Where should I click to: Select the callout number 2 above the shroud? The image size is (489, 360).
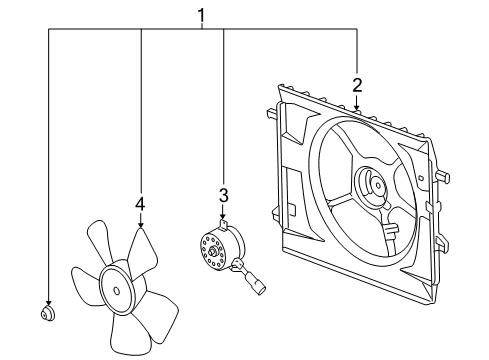(x=357, y=86)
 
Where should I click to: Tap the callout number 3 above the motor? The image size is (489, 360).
(x=225, y=195)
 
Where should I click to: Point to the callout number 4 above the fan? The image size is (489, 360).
(x=140, y=204)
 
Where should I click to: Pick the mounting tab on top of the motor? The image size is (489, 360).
(x=225, y=225)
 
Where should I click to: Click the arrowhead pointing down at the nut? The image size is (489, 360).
(x=47, y=302)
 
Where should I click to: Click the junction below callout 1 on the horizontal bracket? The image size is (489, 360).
(x=202, y=31)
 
